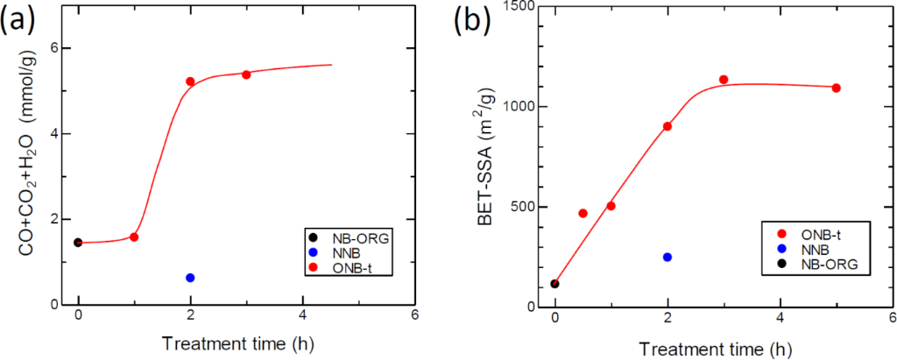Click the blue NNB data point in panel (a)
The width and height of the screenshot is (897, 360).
[x=190, y=278]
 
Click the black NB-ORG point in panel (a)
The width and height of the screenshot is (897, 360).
[x=78, y=243]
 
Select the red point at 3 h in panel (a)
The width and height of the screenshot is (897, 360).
[x=246, y=74]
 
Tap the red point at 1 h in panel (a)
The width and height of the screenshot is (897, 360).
[x=134, y=236]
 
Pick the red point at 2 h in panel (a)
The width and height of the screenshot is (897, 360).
[x=190, y=81]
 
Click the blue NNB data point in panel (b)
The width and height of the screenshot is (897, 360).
[x=667, y=257]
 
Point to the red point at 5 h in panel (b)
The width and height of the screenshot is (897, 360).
[x=836, y=88]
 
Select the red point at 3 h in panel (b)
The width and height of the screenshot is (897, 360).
[x=724, y=80]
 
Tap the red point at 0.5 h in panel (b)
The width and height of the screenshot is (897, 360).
[x=583, y=213]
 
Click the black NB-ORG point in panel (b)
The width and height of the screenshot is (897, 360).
[x=555, y=284]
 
